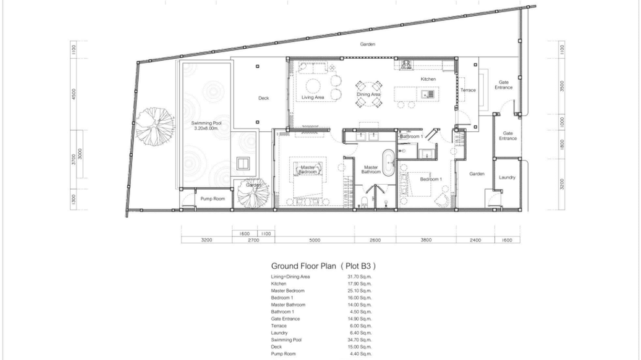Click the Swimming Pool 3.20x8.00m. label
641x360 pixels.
206,126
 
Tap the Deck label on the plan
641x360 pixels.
264,98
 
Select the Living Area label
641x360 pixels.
313,97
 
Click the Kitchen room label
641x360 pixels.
428,79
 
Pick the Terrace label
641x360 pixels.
468,90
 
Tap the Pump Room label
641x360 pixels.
213,199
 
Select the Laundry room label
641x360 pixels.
507,177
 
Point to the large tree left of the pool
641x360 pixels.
154,125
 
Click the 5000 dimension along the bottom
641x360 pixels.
314,240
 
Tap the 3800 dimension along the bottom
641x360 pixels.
426,240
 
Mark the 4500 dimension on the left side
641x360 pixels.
74,94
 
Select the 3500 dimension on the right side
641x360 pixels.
562,86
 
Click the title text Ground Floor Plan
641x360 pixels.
303,266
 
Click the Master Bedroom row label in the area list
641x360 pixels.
288,291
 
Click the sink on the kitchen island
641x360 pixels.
428,95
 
